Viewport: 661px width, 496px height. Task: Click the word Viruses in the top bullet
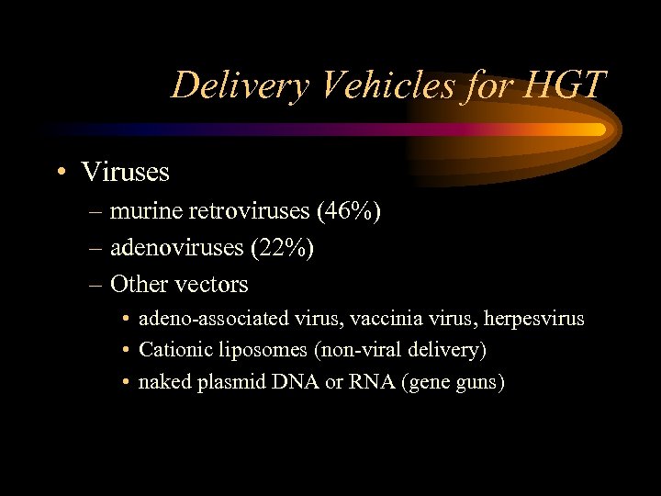click(126, 172)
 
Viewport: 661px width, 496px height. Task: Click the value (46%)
click(348, 212)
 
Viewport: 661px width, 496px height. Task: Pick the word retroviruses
click(248, 212)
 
